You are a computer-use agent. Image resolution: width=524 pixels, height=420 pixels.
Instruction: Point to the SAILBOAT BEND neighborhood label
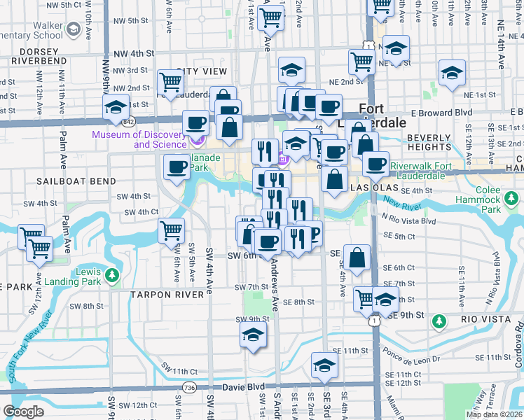coord(76,181)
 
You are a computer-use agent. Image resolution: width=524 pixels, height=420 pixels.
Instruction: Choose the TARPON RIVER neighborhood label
coord(167,295)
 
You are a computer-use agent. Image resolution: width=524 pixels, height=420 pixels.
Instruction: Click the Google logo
coord(24,412)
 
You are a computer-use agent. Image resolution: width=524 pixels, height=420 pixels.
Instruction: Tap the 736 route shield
coord(188,388)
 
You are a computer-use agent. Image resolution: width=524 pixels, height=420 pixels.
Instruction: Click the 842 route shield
coord(127,122)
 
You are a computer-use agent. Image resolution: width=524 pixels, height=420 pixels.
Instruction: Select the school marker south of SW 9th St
coord(253,334)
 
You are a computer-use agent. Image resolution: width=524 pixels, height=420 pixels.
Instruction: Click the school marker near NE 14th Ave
coord(452,73)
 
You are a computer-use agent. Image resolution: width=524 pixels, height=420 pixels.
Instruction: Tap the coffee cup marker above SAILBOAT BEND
coord(176,167)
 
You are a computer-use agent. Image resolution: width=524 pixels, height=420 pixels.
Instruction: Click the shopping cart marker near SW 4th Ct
coord(171,230)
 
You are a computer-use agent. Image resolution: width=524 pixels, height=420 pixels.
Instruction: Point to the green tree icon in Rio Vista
coord(439,321)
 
